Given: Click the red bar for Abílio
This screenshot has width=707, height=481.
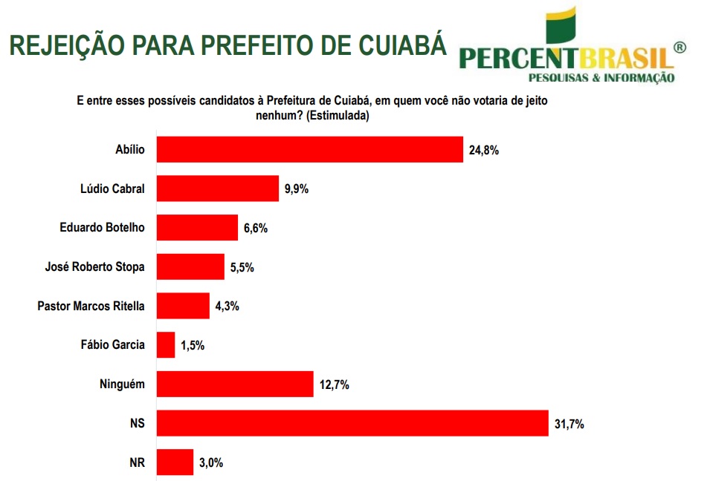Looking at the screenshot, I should click(309, 149).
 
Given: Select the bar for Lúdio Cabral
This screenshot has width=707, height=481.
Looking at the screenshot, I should click(217, 189).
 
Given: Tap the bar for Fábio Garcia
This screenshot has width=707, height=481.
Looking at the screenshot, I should click(166, 344).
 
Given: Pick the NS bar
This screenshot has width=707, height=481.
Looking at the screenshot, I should click(352, 423).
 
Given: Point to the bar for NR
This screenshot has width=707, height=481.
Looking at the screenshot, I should click(175, 462).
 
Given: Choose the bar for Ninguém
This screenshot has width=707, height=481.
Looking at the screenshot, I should click(234, 384).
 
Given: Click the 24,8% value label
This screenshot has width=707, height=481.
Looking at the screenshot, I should click(483, 150).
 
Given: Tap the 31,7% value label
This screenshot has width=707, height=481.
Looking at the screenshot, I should click(569, 424).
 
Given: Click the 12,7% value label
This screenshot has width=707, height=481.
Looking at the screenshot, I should click(334, 385).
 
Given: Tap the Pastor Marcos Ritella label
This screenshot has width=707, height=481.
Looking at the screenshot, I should click(91, 306).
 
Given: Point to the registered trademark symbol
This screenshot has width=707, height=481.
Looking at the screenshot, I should click(679, 48).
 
